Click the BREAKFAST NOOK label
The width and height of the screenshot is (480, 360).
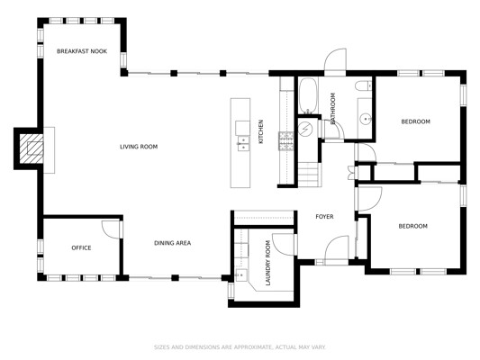tap(82, 51)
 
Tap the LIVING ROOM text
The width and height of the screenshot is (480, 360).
tap(139, 147)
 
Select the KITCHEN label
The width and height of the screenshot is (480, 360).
tap(261, 131)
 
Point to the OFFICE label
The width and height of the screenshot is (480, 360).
tap(81, 247)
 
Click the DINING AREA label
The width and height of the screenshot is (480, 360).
tap(172, 243)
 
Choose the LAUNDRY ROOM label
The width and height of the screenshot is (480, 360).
tap(267, 263)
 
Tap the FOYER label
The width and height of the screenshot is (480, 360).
tap(324, 217)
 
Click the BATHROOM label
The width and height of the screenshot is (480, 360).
tap(332, 108)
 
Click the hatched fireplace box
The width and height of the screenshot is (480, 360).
tap(32, 149)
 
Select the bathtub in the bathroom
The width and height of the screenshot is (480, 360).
tap(308, 95)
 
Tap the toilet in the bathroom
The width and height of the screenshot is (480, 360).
tap(363, 85)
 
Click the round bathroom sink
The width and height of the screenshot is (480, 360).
tap(366, 119)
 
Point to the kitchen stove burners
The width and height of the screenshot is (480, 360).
tap(285, 141)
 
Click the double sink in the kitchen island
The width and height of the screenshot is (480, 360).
tap(243, 144)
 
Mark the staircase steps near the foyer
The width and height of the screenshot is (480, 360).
tap(309, 175)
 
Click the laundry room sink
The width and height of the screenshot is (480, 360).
tap(241, 275)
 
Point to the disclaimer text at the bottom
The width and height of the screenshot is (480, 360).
tap(240, 347)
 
